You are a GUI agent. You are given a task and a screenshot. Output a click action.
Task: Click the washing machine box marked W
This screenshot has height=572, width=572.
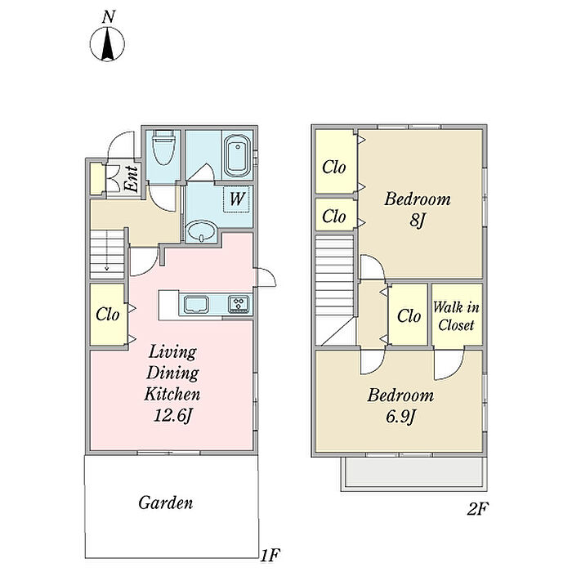[x=237, y=198]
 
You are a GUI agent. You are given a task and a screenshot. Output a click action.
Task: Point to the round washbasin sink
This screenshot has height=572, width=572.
[x=201, y=234]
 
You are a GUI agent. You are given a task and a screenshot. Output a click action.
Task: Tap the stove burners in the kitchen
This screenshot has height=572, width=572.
[x=239, y=305]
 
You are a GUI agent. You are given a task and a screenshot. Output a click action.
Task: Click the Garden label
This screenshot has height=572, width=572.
[x=165, y=503]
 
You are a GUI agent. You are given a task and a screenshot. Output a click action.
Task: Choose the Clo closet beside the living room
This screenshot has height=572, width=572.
[x=107, y=315]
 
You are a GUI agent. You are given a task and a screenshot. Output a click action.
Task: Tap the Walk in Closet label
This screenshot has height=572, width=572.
[x=456, y=315]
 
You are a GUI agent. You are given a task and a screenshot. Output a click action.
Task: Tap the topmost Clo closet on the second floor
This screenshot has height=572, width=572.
[x=333, y=168]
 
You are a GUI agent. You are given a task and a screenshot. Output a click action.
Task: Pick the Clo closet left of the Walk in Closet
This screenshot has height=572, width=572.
[x=409, y=316]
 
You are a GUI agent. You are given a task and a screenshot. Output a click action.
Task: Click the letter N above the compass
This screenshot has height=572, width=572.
[x=108, y=16]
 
